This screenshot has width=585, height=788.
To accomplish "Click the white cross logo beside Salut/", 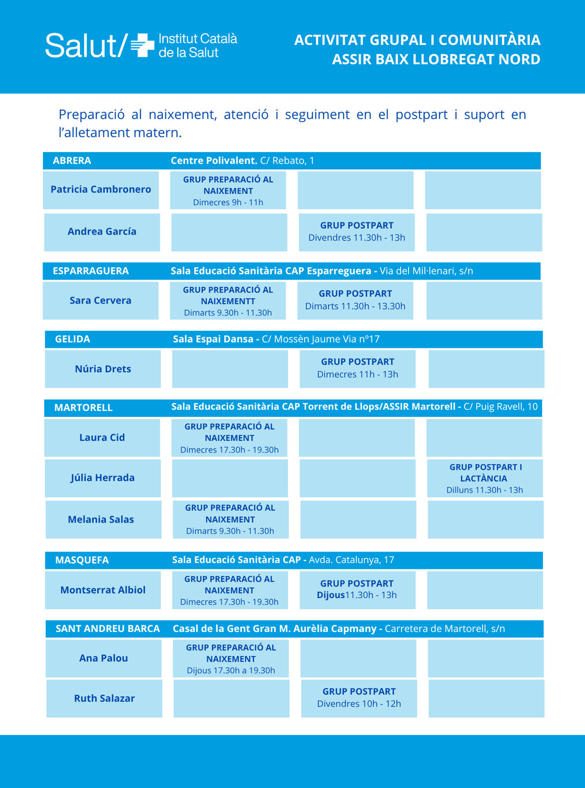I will (x=142, y=45).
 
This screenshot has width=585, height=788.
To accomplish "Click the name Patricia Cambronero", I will (x=101, y=189).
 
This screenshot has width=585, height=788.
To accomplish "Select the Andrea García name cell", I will (x=102, y=232).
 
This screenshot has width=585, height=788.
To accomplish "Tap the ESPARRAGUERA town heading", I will (x=91, y=271).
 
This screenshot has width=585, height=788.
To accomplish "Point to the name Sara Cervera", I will (x=100, y=300).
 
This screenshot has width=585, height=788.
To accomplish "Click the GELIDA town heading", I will (x=73, y=339).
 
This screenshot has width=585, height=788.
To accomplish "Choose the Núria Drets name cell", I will (x=103, y=369).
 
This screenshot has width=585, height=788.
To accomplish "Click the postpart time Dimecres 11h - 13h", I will (x=357, y=374).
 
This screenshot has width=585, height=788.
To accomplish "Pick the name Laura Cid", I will (x=102, y=437).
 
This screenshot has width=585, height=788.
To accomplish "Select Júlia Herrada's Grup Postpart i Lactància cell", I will (x=485, y=478).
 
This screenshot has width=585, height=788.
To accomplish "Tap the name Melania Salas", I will (x=101, y=520).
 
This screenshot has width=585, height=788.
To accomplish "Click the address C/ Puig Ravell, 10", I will (x=501, y=407).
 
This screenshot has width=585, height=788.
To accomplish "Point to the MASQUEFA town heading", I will (x=82, y=560).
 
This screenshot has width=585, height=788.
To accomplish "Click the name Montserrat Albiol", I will (x=103, y=590).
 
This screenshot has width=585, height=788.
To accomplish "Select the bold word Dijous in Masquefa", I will (x=331, y=595).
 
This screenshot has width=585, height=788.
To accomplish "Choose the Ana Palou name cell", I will (x=103, y=658).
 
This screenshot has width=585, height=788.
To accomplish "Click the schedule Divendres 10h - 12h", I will (x=359, y=704).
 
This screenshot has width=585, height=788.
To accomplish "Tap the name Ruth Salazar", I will (x=104, y=698).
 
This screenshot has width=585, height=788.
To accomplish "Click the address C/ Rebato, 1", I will (x=287, y=161).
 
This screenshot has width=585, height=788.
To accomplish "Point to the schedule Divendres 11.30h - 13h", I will (x=357, y=238).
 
